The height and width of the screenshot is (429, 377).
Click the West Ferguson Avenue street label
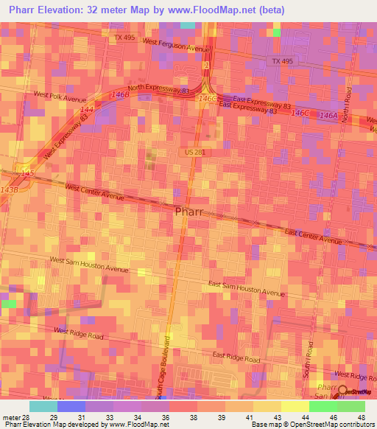(177, 46)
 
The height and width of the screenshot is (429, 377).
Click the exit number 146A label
(328, 116)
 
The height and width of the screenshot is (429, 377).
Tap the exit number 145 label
(27, 172)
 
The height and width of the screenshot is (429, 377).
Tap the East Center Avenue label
(314, 237)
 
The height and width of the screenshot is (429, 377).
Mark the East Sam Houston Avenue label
(246, 288)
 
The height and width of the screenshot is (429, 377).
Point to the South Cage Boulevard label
(167, 363)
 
